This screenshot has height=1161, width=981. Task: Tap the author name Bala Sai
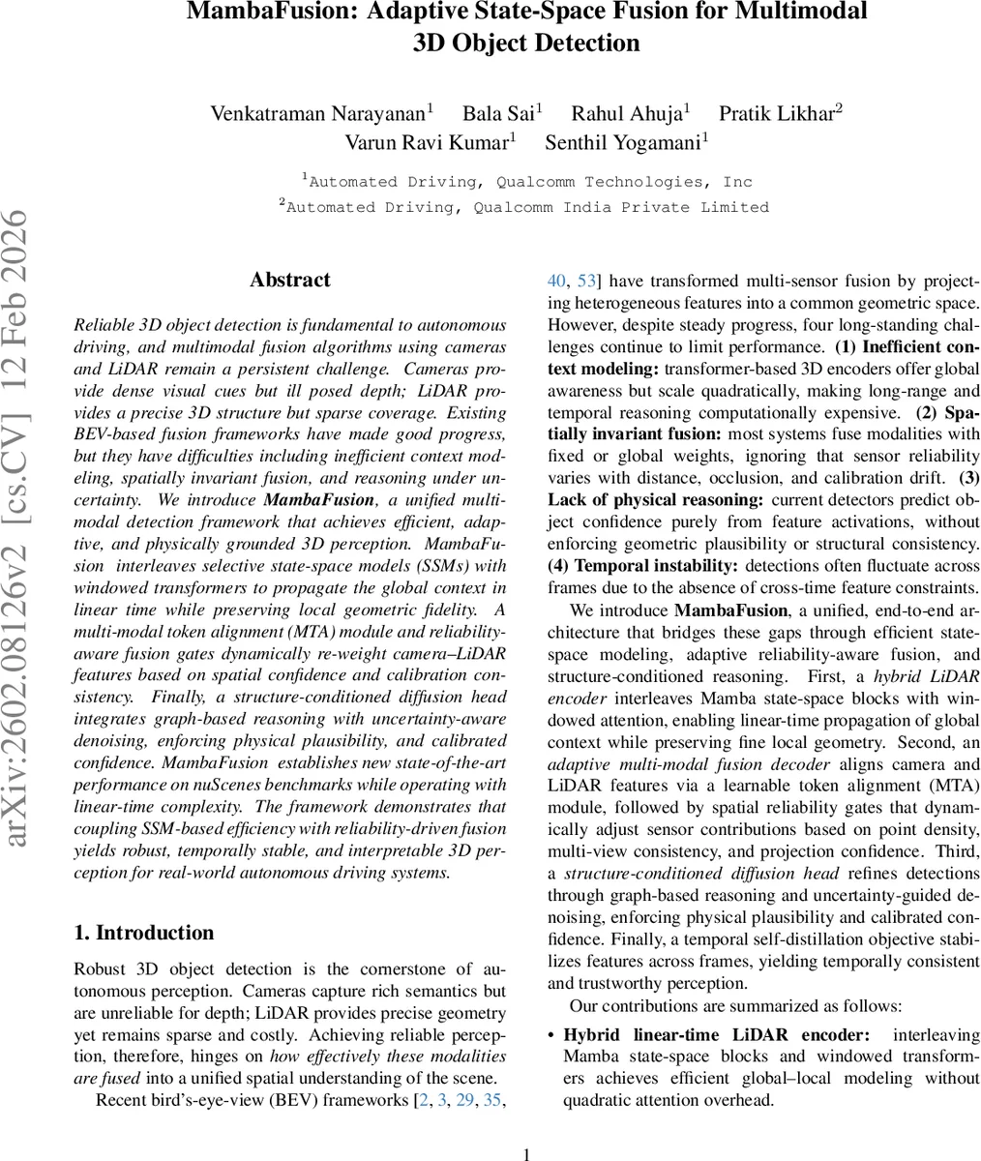click(498, 114)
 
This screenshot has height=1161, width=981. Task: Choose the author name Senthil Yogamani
click(624, 143)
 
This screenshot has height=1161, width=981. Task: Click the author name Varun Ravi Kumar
click(427, 143)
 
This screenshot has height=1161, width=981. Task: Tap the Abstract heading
click(289, 280)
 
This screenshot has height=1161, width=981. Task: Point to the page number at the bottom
click(527, 1153)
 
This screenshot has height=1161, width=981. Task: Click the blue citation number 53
click(586, 282)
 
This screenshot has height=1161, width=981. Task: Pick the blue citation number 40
click(556, 282)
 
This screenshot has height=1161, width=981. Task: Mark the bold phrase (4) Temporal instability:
click(643, 566)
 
